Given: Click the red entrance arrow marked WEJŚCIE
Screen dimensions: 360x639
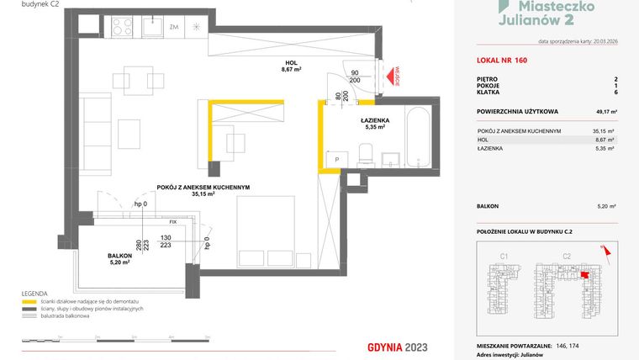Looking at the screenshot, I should [388, 78].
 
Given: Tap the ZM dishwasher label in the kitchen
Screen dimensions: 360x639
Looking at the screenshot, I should [174, 28].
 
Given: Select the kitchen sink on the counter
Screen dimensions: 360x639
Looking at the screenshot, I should [152, 28].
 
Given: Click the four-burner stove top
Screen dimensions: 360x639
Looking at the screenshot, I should [119, 28].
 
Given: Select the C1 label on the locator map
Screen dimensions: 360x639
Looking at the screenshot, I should [505, 256].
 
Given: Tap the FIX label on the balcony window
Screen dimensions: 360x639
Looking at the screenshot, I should [172, 221].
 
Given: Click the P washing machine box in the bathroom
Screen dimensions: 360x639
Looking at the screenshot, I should [336, 157].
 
